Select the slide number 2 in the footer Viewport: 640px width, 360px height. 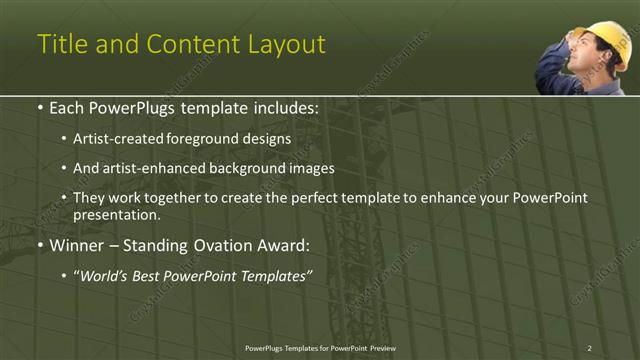pyautogui.click(x=589, y=348)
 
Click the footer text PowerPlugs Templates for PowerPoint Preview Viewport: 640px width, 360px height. pyautogui.click(x=320, y=348)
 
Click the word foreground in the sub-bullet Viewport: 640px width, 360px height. pyautogui.click(x=200, y=138)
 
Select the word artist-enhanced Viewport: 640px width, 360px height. pyautogui.click(x=145, y=168)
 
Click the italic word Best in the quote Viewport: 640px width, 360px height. pyautogui.click(x=151, y=276)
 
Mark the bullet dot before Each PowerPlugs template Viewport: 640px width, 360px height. pyautogui.click(x=39, y=107)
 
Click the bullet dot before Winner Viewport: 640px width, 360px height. pyautogui.click(x=39, y=245)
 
